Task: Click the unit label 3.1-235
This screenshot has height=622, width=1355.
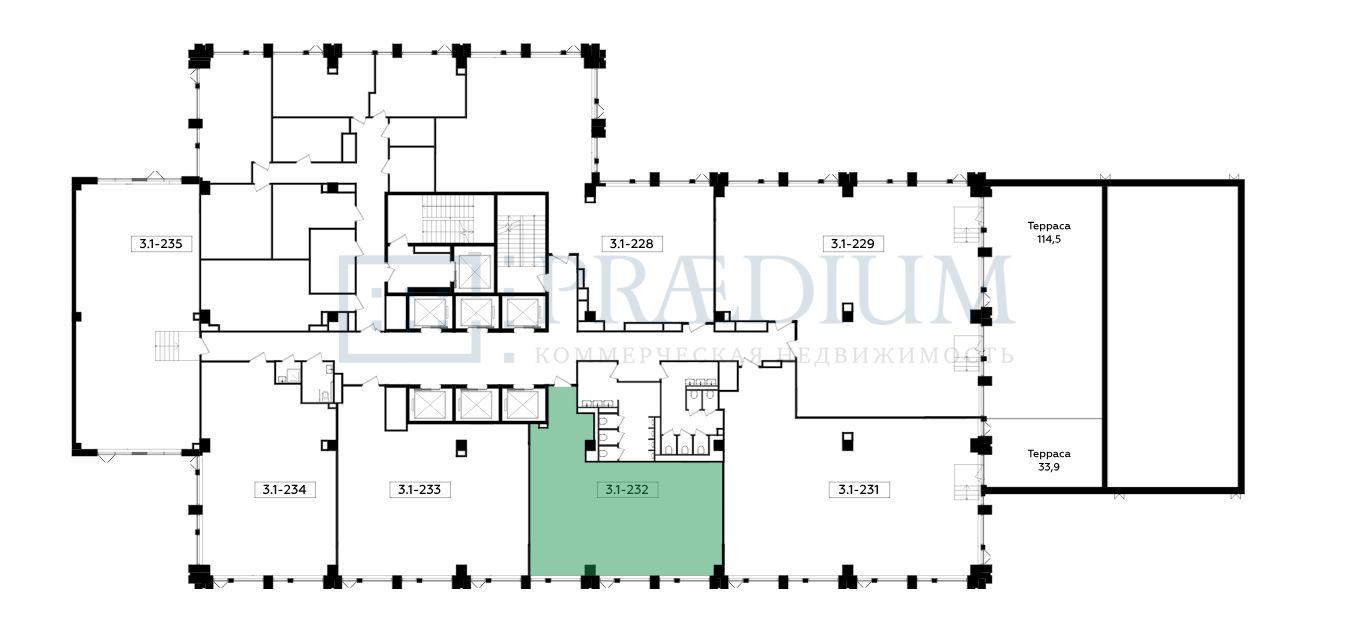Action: click(x=161, y=244)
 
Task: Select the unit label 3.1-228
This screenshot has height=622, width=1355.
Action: click(x=632, y=244)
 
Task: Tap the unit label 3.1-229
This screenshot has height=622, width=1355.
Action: click(x=852, y=244)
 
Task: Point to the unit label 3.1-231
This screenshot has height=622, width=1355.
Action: click(x=858, y=489)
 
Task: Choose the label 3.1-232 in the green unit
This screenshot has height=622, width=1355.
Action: click(x=627, y=489)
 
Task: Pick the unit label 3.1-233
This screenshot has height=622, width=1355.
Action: click(x=419, y=489)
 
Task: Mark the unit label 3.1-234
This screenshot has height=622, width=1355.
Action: click(x=284, y=489)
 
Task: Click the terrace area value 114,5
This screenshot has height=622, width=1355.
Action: click(x=1049, y=239)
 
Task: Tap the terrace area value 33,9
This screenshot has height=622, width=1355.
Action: click(x=1049, y=467)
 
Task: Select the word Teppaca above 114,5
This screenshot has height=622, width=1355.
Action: click(x=1049, y=226)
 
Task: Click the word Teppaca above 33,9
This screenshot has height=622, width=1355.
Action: click(x=1049, y=453)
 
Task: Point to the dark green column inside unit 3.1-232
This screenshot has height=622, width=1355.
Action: click(x=590, y=570)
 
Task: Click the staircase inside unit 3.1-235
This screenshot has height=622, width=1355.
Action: click(x=169, y=346)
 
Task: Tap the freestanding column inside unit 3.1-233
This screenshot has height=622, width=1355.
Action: click(x=462, y=448)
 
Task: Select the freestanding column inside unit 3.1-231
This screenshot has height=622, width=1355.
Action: click(x=847, y=441)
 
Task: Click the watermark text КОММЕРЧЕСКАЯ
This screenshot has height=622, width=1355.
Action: click(x=650, y=356)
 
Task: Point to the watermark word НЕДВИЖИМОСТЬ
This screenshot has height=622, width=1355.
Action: click(x=895, y=356)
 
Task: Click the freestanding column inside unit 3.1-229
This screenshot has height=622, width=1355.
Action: click(x=847, y=312)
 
